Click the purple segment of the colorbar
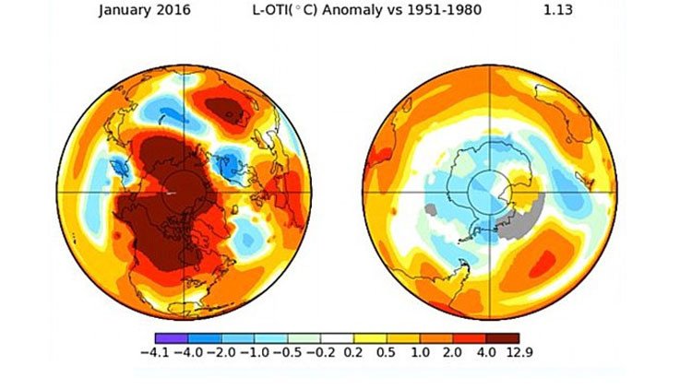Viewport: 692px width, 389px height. coord(172,336)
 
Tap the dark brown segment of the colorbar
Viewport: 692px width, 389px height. coord(503,336)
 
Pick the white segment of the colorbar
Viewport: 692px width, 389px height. coord(337,336)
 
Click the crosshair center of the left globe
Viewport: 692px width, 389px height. coord(183,192)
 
